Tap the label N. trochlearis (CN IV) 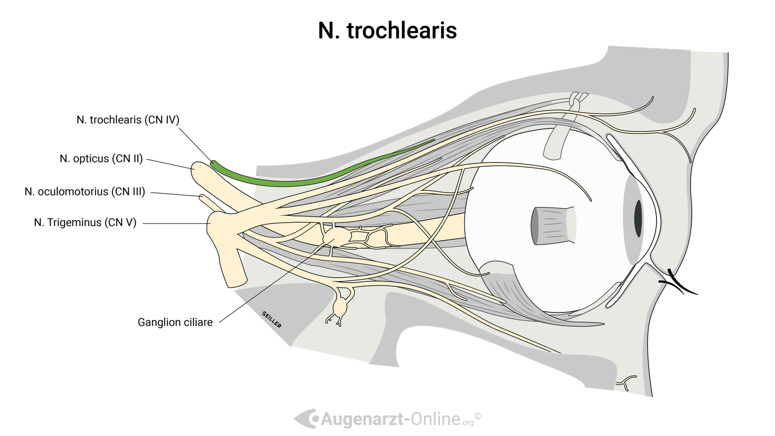coord(128,120)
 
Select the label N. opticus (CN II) coord(101,159)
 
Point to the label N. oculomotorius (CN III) coord(85,192)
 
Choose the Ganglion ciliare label coord(175,322)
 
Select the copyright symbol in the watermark coord(478,416)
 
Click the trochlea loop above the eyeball coord(575,101)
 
